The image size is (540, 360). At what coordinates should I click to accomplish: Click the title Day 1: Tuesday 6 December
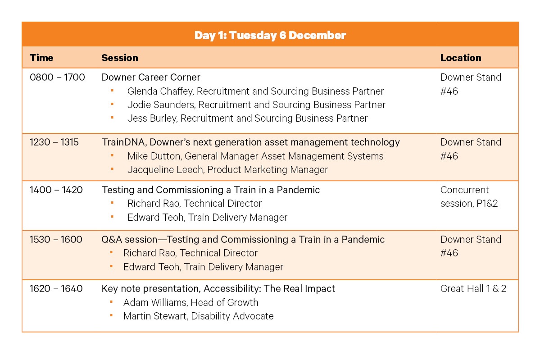click(270, 35)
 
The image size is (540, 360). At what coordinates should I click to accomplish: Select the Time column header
click(41, 58)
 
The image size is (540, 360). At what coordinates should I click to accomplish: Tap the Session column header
click(119, 58)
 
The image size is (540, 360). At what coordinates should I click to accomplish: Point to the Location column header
click(460, 58)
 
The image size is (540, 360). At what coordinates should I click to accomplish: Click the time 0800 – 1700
click(57, 77)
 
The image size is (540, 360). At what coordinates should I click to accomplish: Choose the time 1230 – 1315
click(54, 142)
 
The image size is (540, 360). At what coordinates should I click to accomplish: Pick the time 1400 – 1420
click(56, 190)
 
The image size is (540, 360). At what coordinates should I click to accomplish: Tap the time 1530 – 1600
click(56, 239)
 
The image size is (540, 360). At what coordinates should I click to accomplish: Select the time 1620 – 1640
click(56, 288)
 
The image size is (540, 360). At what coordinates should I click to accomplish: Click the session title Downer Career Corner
click(151, 77)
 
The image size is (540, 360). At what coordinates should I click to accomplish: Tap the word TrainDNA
click(124, 142)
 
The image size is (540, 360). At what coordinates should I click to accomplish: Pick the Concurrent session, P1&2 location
click(469, 197)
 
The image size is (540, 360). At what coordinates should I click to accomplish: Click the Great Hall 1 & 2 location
click(473, 288)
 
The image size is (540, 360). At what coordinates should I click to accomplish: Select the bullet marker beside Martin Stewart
click(111, 315)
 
